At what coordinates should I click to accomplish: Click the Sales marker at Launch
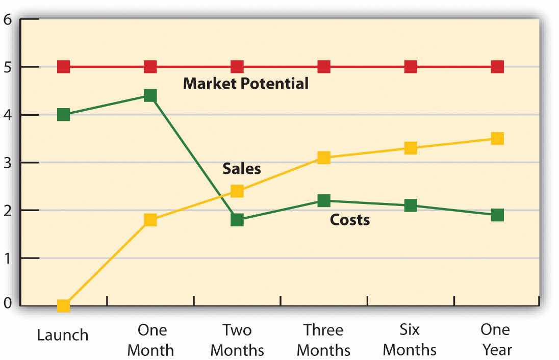pos(63,305)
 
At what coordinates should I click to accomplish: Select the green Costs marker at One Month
pos(150,95)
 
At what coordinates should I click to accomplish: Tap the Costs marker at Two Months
pos(237,220)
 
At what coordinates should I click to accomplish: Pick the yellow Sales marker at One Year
pos(497,139)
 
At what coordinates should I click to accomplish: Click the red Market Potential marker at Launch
pos(63,67)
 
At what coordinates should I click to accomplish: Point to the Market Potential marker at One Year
pos(497,67)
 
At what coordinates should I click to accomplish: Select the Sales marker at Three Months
pos(323,158)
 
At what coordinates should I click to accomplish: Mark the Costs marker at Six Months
pos(411,205)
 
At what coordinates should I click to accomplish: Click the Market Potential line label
pos(246,83)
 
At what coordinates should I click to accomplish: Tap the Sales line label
pos(241,169)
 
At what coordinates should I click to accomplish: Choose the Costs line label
pos(349,220)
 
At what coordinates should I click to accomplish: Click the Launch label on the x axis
pos(63,335)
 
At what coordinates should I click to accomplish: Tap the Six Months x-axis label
pos(410,340)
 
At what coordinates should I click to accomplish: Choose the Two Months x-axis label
pos(237,340)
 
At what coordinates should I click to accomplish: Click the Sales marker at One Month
pos(150,220)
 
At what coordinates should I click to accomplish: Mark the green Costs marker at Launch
pos(63,114)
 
